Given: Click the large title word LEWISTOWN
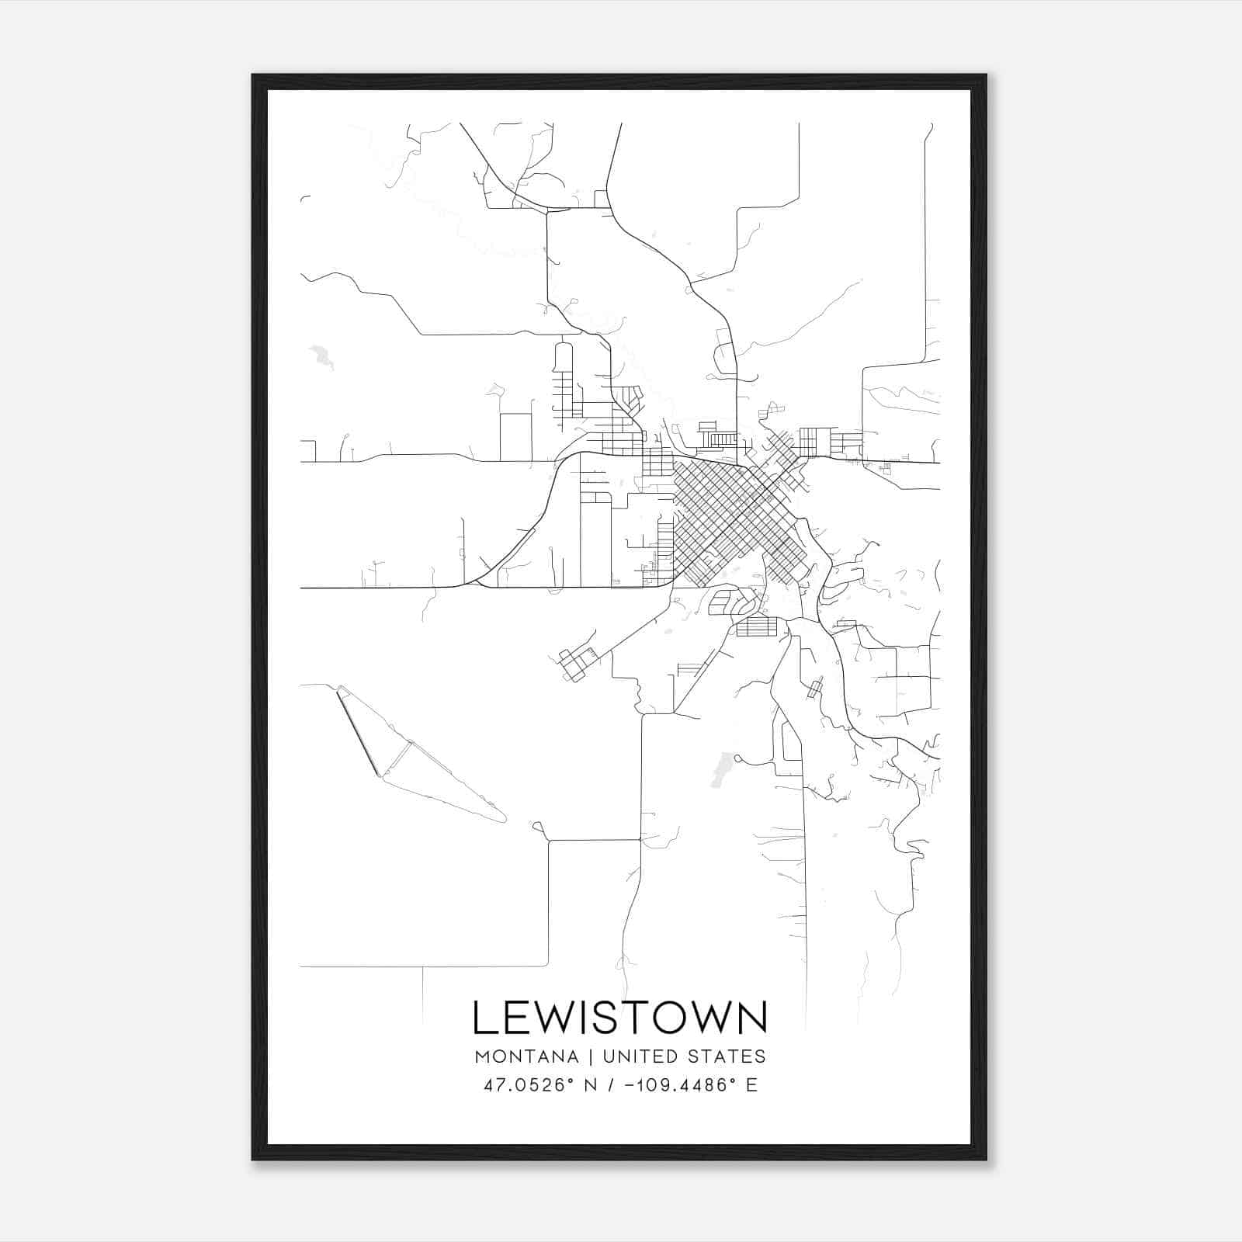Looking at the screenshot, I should click(619, 1018).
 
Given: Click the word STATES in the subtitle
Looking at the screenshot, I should click(727, 1056).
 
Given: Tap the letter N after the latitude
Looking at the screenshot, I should click(590, 1085).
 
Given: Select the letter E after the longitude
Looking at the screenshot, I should click(751, 1085).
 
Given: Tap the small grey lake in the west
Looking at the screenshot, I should click(320, 357).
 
